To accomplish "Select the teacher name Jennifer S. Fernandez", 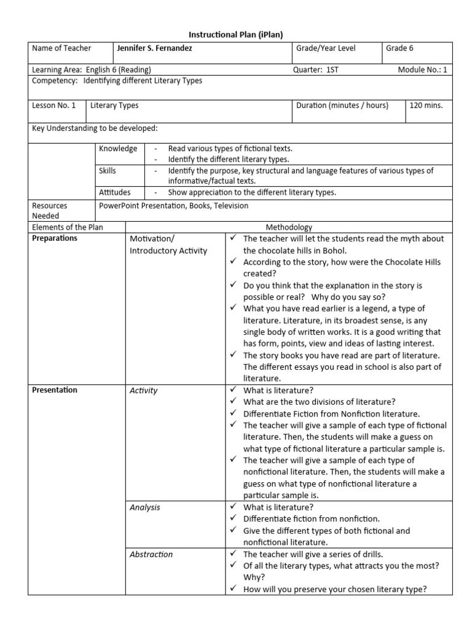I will click(x=154, y=49).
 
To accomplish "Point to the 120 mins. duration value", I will click(x=426, y=106).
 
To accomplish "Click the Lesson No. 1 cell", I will click(x=53, y=106).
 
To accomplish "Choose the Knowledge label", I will click(x=118, y=149).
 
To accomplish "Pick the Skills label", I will click(x=108, y=171).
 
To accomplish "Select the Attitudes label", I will click(x=115, y=193).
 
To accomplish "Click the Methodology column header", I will click(x=288, y=227).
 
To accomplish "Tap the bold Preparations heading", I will click(x=55, y=238).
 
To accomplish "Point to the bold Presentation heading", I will click(x=55, y=390).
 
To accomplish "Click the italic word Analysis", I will click(x=145, y=507).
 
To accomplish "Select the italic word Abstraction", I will click(x=151, y=554).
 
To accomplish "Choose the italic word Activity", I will click(x=144, y=391).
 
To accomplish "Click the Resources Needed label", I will click(x=50, y=211).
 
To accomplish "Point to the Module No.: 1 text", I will click(x=423, y=70).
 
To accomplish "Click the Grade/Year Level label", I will click(x=326, y=49).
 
